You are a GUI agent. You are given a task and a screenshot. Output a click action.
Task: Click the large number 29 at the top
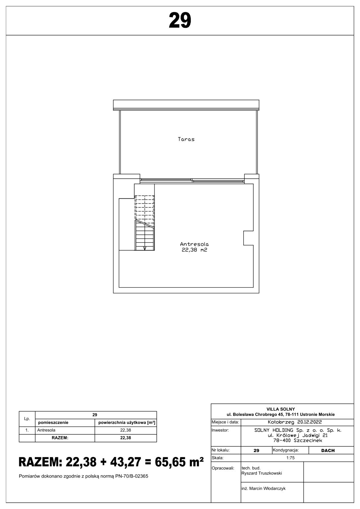[180, 21]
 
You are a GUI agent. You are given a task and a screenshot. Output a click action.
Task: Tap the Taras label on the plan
[186, 139]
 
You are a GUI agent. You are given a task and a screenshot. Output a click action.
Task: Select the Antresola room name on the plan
[194, 244]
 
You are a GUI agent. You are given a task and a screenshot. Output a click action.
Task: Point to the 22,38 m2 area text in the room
[194, 250]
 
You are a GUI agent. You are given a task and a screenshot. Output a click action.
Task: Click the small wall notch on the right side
[248, 238]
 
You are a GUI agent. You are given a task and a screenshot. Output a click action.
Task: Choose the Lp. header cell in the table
[27, 419]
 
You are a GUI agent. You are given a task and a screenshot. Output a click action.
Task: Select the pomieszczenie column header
[53, 423]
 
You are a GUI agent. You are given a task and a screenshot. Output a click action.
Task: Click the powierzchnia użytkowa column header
[127, 423]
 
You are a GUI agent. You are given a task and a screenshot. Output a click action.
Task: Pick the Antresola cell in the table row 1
[46, 430]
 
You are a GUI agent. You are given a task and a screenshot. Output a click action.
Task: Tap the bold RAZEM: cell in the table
[60, 438]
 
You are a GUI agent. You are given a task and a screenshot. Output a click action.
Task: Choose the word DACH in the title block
[328, 450]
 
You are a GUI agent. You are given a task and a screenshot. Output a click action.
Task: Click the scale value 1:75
[290, 458]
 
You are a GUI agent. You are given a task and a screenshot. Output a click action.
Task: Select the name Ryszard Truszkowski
[262, 473]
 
